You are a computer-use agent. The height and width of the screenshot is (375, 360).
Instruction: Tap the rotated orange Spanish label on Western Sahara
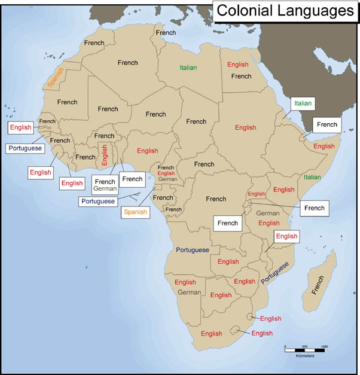[56, 78]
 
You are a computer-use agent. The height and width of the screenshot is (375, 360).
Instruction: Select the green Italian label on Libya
[188, 68]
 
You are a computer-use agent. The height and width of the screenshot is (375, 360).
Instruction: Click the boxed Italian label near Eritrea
[303, 103]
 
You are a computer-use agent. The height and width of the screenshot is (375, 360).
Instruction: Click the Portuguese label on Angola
[193, 249]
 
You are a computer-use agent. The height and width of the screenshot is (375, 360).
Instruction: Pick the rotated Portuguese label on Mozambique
[275, 272]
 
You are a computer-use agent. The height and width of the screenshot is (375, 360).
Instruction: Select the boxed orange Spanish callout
[135, 212]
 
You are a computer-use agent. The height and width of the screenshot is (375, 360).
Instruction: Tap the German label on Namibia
[189, 292]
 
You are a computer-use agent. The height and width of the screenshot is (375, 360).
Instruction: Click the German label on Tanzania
[268, 213]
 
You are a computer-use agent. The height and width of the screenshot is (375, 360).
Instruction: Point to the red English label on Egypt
[237, 64]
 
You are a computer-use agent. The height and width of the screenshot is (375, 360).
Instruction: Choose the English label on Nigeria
[147, 151]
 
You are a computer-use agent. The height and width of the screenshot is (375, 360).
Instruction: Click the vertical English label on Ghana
[105, 155]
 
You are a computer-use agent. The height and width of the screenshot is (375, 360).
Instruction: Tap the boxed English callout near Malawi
[286, 236]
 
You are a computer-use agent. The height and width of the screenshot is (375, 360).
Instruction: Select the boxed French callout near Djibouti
[327, 124]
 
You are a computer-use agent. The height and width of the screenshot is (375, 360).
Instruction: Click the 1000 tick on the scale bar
[325, 346]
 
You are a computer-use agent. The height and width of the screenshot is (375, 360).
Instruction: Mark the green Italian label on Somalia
[312, 177]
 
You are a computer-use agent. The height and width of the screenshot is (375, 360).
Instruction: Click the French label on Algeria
[127, 62]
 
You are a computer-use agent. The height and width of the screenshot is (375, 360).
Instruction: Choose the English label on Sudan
[245, 127]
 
